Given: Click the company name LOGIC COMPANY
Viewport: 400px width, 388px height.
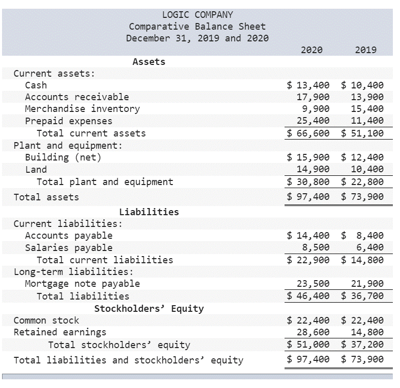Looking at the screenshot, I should click(197, 15).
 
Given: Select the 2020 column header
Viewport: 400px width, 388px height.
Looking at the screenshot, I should click(312, 50).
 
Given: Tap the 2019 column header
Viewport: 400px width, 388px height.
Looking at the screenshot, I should click(365, 50).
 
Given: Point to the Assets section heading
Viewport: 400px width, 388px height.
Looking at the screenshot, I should click(149, 61).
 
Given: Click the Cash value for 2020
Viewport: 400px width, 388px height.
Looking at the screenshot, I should click(309, 85).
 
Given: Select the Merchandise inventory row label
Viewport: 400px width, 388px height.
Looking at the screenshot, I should click(82, 108).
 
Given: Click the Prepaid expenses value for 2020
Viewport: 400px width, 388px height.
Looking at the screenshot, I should click(313, 121).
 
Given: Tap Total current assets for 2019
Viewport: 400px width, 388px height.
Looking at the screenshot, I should click(362, 133).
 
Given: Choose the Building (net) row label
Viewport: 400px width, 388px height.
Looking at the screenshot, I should click(63, 157).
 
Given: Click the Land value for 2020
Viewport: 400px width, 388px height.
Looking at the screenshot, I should click(313, 169).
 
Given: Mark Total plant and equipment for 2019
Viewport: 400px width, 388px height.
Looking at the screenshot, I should click(362, 181).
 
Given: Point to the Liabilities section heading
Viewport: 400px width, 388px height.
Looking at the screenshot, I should click(149, 212).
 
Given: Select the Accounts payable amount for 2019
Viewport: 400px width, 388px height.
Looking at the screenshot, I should click(362, 235).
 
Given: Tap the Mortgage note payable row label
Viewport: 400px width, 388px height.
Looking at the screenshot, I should click(82, 283).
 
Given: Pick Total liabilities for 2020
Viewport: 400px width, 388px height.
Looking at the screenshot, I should click(309, 295).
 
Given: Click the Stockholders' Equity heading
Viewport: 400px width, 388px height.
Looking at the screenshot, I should click(149, 308).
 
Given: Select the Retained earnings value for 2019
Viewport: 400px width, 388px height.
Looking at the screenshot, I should click(367, 332).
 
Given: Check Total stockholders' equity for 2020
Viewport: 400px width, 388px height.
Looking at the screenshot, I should click(309, 345).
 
